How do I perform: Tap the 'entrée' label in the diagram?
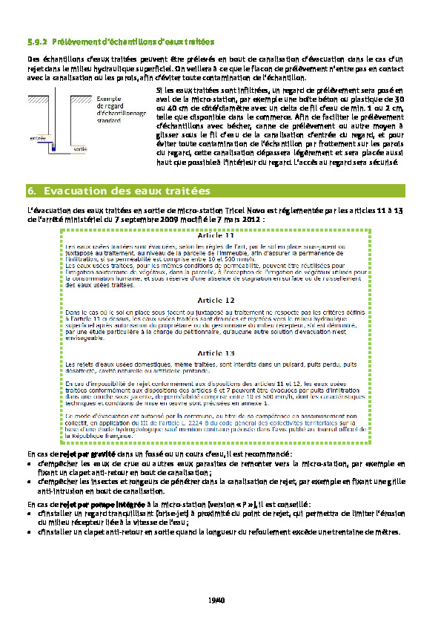tap(38, 137)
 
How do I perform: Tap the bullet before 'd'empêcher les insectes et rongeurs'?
tap(30, 482)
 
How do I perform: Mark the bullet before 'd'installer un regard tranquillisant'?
tap(30, 515)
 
